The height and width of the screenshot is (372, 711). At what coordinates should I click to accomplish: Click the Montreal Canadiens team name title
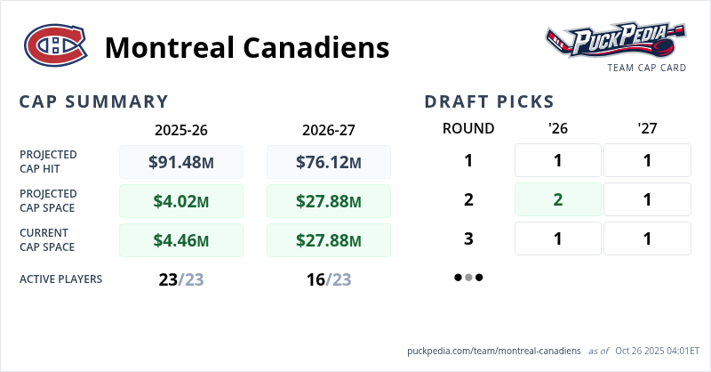point(247,46)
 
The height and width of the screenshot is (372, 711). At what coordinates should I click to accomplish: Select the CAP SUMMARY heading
point(93,101)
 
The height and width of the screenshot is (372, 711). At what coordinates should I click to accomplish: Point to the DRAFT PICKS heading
point(490,101)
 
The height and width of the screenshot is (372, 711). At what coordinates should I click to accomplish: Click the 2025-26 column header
point(181,129)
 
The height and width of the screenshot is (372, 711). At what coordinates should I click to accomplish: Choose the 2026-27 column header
point(329,129)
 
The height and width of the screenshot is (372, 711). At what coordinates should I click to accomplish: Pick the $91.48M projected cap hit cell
point(181,162)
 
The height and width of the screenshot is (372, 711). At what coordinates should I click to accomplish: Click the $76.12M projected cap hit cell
point(329,162)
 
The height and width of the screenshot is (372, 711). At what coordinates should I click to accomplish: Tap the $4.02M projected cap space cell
point(181,201)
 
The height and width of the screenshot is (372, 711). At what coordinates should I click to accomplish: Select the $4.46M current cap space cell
point(181,239)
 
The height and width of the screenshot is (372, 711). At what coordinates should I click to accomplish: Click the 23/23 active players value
point(181,279)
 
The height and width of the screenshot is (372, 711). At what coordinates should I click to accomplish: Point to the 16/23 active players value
point(329,279)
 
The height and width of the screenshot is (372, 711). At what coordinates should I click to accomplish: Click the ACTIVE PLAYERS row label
point(60,279)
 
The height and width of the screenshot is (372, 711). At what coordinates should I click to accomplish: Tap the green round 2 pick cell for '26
point(558,199)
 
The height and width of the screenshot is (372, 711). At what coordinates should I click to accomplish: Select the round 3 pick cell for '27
point(647,239)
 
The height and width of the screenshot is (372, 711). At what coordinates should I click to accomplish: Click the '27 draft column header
point(647,128)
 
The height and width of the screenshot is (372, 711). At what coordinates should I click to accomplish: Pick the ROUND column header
point(468,128)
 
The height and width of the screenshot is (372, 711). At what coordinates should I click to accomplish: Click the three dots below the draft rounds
point(468,278)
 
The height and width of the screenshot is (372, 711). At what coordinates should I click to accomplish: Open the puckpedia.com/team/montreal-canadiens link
point(494,352)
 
